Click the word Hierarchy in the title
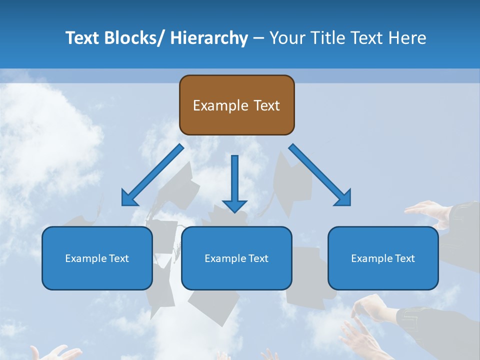[x=209, y=38]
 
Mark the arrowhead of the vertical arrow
[x=234, y=205]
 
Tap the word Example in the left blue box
[x=85, y=258]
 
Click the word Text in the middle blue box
[x=258, y=258]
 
